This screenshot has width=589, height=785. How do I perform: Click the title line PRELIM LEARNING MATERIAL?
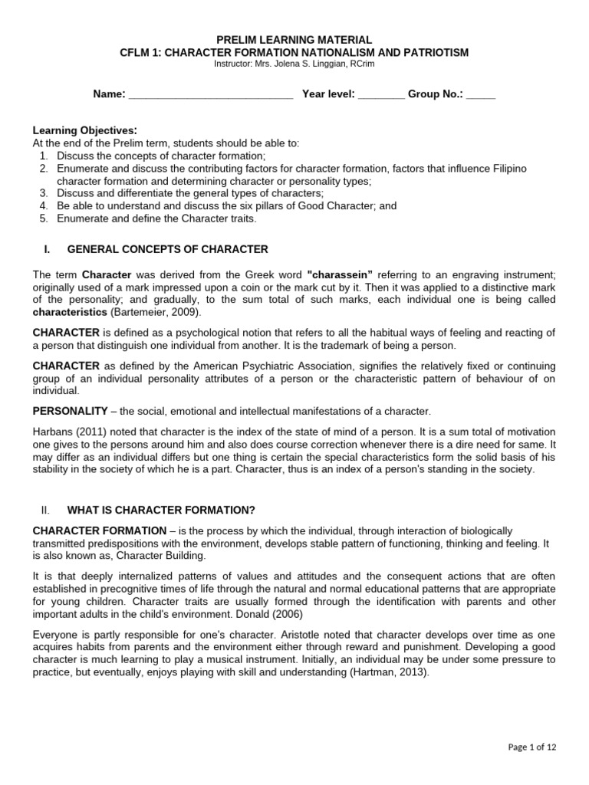click(x=294, y=39)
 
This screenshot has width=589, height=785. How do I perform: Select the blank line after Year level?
click(x=381, y=95)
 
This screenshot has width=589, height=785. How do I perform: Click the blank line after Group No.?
click(x=481, y=95)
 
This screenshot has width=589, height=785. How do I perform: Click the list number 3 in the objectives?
click(x=44, y=193)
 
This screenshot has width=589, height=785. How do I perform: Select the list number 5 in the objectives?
click(x=44, y=218)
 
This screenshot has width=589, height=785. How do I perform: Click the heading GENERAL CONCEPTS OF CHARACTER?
click(x=168, y=249)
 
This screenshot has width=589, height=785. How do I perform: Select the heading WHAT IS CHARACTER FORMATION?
click(x=161, y=510)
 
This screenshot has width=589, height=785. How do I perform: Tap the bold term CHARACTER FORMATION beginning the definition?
click(x=99, y=530)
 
